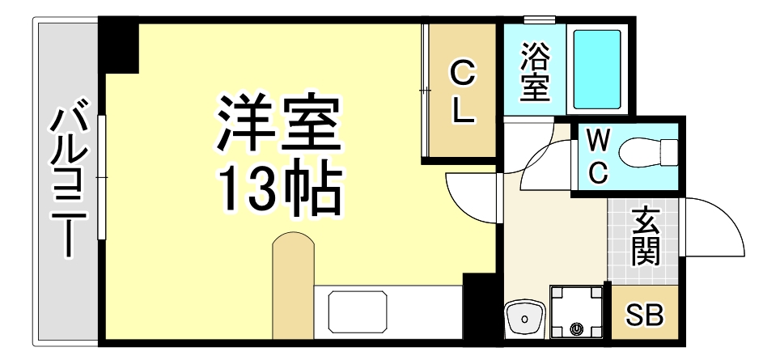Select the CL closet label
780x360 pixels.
462,94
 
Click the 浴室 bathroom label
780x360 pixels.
534,73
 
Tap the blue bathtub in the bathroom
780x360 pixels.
597,70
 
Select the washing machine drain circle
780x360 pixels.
576,328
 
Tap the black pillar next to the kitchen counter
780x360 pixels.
477,307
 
